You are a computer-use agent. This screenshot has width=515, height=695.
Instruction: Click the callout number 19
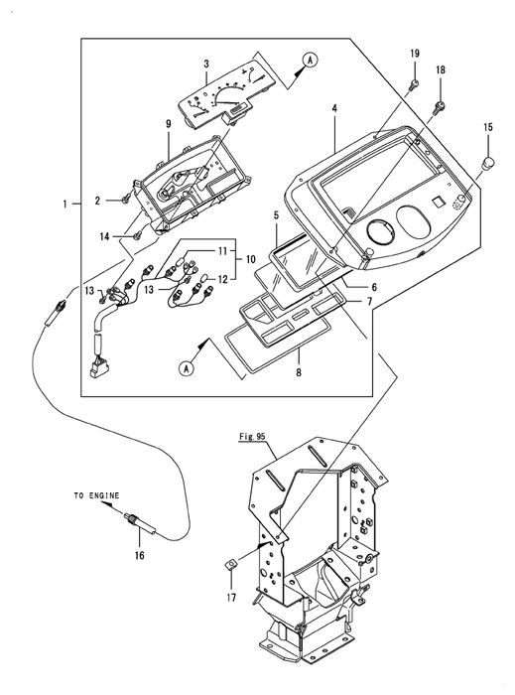(x=415, y=54)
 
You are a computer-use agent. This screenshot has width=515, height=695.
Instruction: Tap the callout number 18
(x=441, y=70)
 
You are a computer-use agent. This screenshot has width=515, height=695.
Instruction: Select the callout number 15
(x=487, y=128)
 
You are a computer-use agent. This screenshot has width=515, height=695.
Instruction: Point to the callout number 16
(x=140, y=555)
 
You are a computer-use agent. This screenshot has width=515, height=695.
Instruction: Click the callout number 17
(x=231, y=598)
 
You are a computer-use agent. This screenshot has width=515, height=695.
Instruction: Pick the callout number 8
(x=299, y=372)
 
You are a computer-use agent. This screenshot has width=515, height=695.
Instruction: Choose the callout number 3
(x=206, y=64)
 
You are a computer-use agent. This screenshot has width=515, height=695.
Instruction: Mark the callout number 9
(x=169, y=124)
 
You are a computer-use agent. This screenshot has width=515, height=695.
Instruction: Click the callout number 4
(x=334, y=108)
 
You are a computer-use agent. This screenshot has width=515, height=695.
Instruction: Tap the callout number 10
(x=251, y=259)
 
